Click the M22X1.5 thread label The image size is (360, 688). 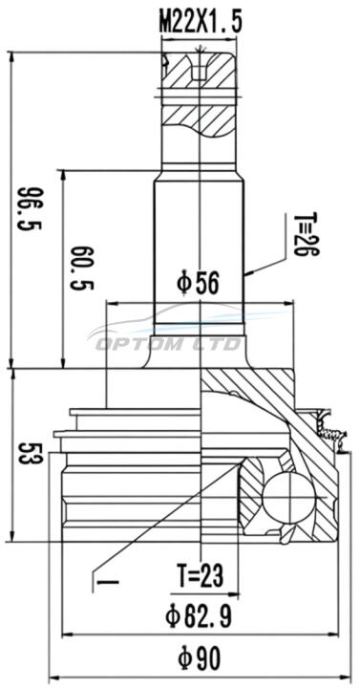pos(201,22)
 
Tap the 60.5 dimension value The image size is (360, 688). pos(82,269)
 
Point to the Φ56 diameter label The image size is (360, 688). pos(198,285)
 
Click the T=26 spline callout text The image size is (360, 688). pos(306,234)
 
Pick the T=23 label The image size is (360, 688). pos(201,574)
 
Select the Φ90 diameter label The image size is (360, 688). pos(199,659)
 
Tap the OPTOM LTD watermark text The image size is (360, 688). pos(168,344)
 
